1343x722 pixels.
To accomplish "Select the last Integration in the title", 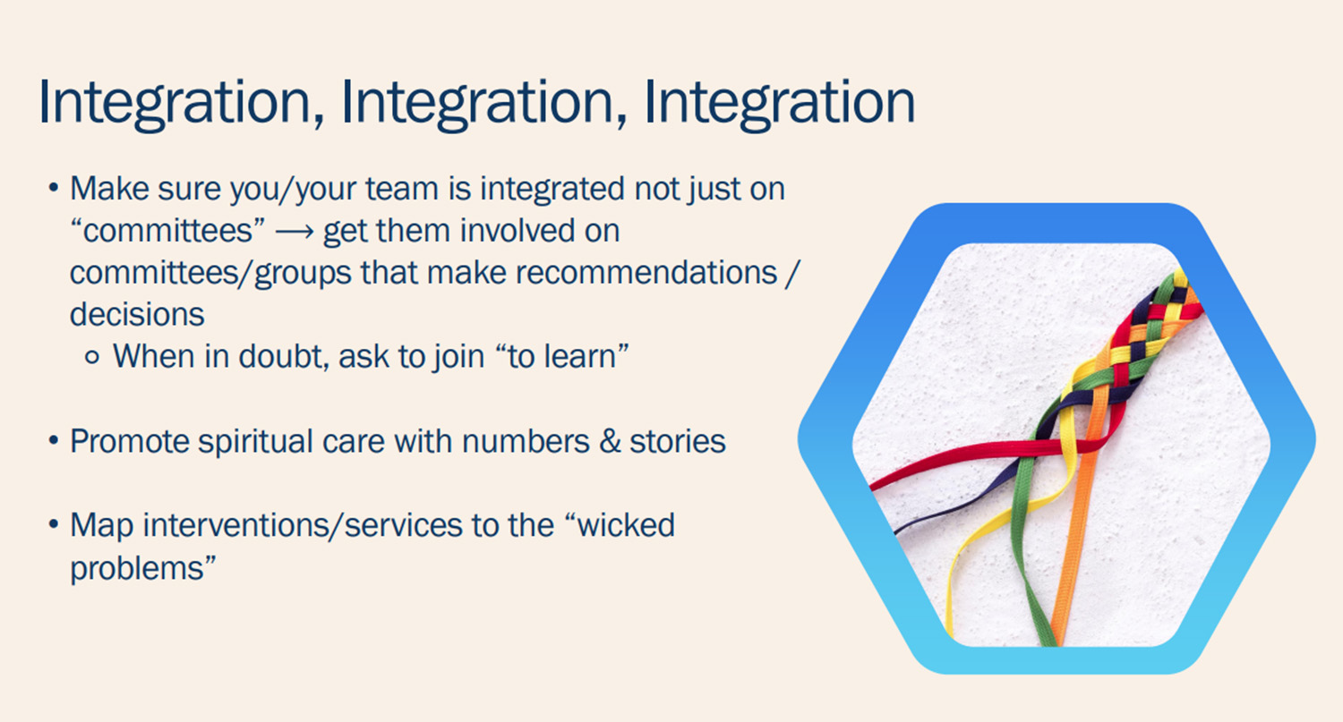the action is pyautogui.click(x=780, y=103).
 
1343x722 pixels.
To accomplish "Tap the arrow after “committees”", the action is pyautogui.click(x=295, y=233).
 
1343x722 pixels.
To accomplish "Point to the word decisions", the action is pyautogui.click(x=137, y=315).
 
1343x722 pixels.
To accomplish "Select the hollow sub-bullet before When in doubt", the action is pyautogui.click(x=91, y=358).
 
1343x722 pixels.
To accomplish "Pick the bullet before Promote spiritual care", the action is pyautogui.click(x=54, y=441).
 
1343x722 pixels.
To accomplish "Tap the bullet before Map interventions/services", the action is pyautogui.click(x=54, y=525).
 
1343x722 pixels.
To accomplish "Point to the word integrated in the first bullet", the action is pyautogui.click(x=552, y=190).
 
